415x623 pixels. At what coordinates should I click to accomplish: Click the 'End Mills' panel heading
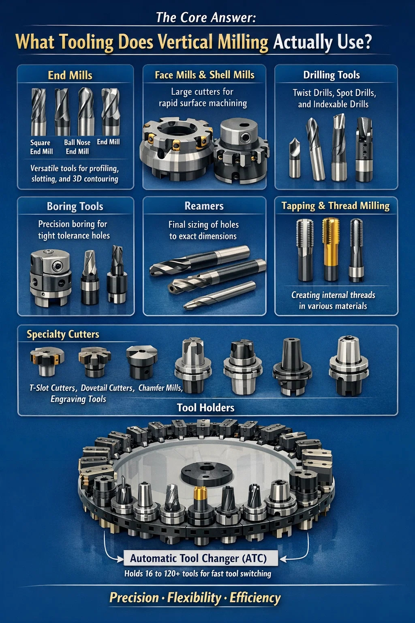coord(70,75)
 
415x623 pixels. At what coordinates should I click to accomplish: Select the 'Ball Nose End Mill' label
coord(77,147)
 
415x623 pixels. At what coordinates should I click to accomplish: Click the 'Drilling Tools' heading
coord(332,75)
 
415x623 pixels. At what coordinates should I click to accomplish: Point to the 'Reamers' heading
coord(204,206)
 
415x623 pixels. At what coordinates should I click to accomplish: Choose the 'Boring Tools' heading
coord(75,206)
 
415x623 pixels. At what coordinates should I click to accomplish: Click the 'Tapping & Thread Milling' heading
coord(336,206)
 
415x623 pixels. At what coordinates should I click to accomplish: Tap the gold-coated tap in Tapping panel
coord(330,249)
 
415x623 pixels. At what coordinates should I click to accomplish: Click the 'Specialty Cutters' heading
coord(63,334)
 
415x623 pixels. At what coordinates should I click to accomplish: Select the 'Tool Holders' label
coord(206,408)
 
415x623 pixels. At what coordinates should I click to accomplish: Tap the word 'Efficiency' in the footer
coord(255,598)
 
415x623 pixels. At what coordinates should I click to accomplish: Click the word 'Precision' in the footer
coord(134,597)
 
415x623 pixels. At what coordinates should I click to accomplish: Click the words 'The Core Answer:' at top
coord(206,17)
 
